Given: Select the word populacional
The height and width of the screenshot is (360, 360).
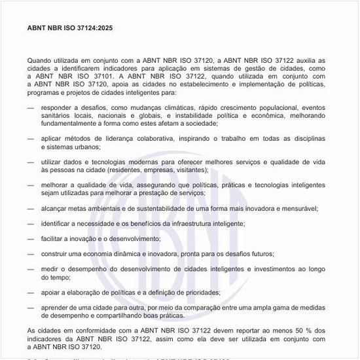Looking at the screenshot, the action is tap(274, 107).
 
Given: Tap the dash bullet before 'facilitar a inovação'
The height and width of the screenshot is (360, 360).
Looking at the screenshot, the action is tap(31, 239).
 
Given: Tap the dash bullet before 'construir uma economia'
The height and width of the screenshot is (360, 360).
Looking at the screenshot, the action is tap(31, 254).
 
